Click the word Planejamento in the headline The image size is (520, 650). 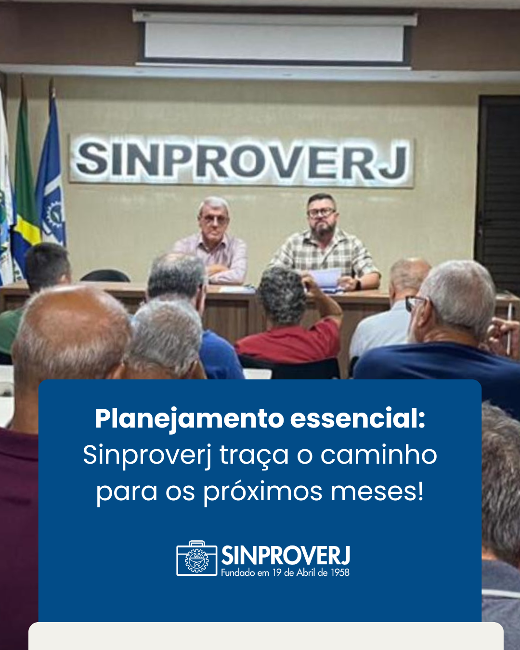click(190, 419)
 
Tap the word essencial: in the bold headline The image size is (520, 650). click(358, 418)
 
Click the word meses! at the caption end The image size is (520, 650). click(377, 491)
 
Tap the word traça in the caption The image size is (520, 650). click(254, 456)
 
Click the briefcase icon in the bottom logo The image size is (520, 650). click(197, 558)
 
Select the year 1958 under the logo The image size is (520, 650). click(340, 572)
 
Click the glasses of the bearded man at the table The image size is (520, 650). click(321, 212)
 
